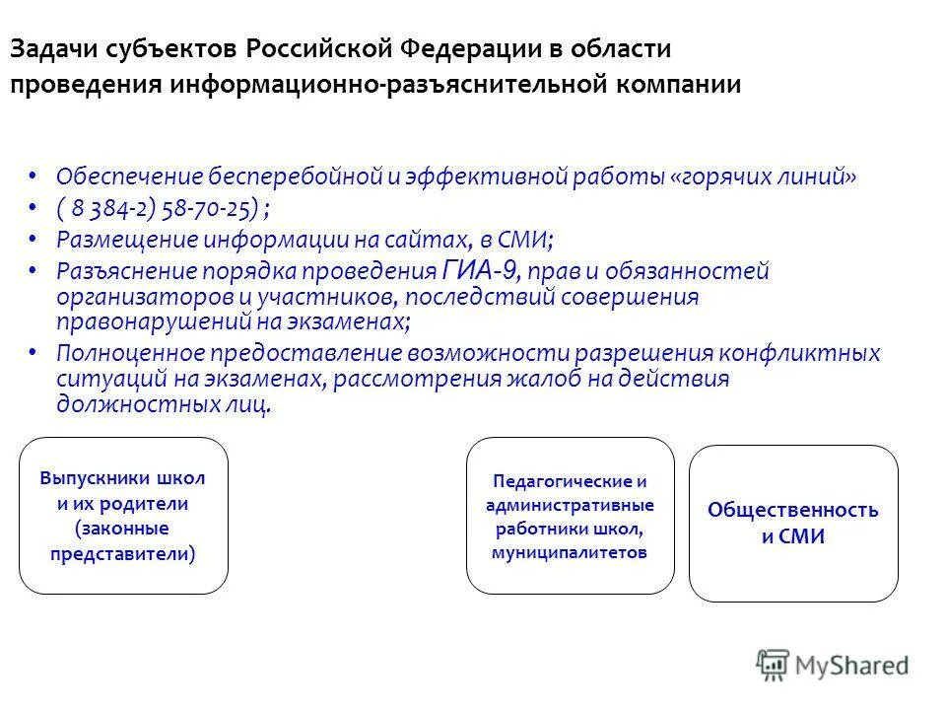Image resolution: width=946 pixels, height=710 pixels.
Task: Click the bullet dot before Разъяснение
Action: pyautogui.click(x=34, y=270)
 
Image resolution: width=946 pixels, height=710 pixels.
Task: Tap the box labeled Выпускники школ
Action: pyautogui.click(x=123, y=516)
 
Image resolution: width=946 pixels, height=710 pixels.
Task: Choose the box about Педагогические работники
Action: pyautogui.click(x=570, y=516)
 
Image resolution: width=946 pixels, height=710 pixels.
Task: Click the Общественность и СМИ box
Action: pyautogui.click(x=792, y=524)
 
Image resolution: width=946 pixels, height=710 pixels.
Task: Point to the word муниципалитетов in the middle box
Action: pyautogui.click(x=570, y=552)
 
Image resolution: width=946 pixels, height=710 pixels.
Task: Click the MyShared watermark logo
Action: pyautogui.click(x=833, y=666)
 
